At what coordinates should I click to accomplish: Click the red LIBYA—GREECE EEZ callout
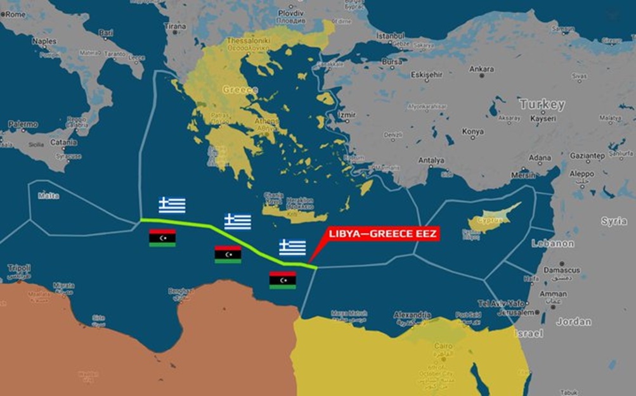click(x=382, y=234)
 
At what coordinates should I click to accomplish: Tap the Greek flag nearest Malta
click(x=172, y=205)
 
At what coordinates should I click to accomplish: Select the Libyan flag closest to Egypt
click(x=282, y=280)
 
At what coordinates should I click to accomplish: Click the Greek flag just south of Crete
click(x=292, y=247)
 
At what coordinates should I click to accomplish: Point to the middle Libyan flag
click(x=228, y=254)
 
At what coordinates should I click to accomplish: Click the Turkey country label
click(x=542, y=105)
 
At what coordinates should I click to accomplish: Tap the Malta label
click(x=48, y=196)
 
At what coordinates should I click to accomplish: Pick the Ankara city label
click(x=481, y=69)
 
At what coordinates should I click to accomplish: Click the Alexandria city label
click(x=412, y=315)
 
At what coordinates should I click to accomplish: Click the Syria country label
click(x=614, y=222)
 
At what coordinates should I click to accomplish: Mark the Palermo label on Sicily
click(x=23, y=125)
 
